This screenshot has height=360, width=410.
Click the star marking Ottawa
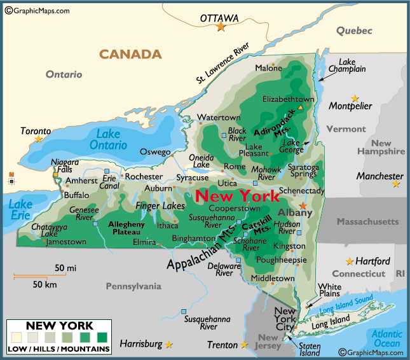point(221,27)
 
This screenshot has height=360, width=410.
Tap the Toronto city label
point(36,130)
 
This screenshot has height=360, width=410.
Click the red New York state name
point(236,195)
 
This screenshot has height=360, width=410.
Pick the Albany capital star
point(303,205)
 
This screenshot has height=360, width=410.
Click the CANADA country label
point(130,54)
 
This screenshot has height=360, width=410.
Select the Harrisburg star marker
point(169,345)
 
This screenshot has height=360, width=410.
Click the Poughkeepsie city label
point(280,260)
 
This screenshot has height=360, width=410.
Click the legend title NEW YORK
point(58,326)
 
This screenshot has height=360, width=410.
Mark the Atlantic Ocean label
point(387,338)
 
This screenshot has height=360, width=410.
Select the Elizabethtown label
point(289,99)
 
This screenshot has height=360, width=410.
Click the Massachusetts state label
point(367,221)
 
